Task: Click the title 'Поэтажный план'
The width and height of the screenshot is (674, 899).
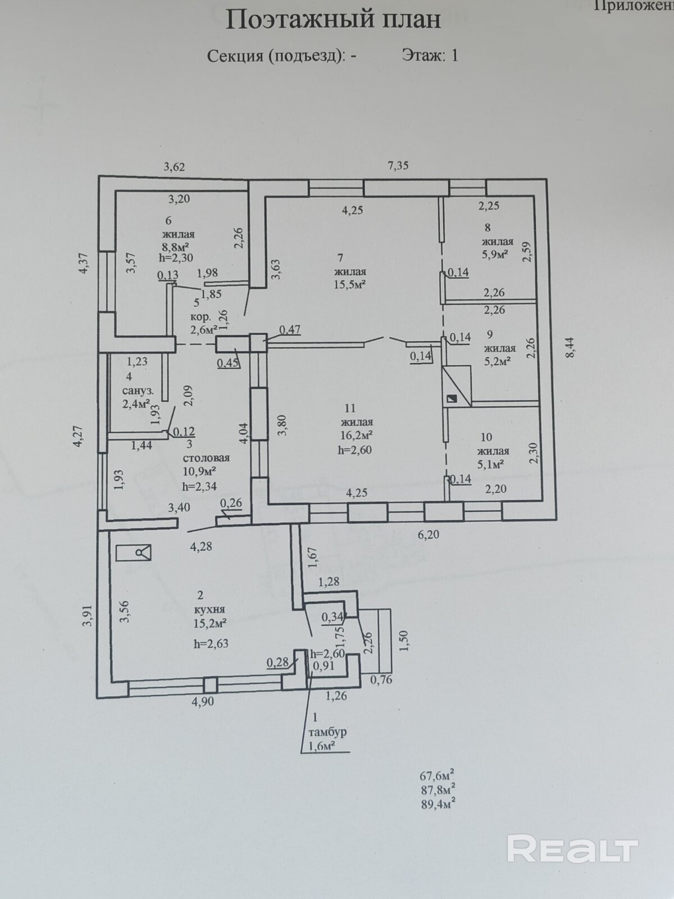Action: point(334,20)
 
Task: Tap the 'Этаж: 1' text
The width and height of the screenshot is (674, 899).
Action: point(430,55)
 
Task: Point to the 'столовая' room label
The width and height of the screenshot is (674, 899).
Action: point(206,457)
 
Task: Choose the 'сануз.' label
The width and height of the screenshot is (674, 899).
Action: point(138,392)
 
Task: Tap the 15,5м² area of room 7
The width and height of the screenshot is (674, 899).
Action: point(349,285)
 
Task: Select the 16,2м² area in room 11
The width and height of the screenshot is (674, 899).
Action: point(357,435)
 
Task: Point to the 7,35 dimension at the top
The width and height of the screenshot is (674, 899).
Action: point(398,165)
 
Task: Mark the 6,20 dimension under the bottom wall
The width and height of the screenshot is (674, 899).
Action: point(428,534)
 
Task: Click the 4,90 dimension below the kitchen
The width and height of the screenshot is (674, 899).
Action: point(203,702)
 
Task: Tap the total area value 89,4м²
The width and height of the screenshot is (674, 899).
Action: point(438,805)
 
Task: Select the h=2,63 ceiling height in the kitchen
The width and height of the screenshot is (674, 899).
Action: point(211,644)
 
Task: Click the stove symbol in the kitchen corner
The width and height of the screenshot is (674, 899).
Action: point(134,553)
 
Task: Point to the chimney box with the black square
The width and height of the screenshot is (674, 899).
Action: point(457,387)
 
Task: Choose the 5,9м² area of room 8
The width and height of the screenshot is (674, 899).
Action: point(494,254)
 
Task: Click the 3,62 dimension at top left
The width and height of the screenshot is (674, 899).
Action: point(174,167)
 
